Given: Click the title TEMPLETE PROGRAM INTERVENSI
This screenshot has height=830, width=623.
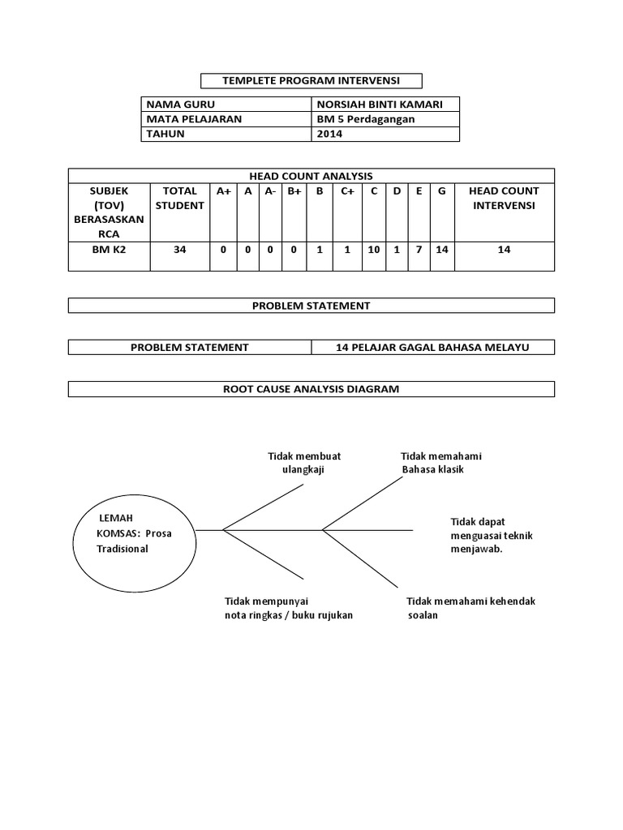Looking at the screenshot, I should pyautogui.click(x=311, y=80).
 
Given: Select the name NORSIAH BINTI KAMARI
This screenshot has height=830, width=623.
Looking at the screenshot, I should pyautogui.click(x=375, y=105).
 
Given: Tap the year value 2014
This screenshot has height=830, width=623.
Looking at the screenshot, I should pyautogui.click(x=330, y=135).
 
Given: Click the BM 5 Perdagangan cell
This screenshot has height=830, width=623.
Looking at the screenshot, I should pyautogui.click(x=366, y=119).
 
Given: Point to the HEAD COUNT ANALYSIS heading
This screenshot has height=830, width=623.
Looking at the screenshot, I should pyautogui.click(x=311, y=176).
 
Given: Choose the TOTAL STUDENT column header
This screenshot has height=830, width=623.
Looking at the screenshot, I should pyautogui.click(x=180, y=199).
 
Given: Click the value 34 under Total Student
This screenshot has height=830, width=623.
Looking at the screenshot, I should pyautogui.click(x=180, y=250).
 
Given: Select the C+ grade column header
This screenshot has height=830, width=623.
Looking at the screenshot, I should pyautogui.click(x=347, y=191).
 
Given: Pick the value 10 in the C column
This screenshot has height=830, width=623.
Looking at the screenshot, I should pyautogui.click(x=374, y=250).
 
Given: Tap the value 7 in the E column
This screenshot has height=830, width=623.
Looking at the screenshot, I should pyautogui.click(x=419, y=250).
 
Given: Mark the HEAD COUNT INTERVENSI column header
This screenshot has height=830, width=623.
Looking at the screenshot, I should pyautogui.click(x=504, y=199).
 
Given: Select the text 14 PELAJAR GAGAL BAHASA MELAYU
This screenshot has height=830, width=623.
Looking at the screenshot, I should pyautogui.click(x=432, y=348).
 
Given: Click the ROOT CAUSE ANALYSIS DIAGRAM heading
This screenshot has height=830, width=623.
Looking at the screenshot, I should pyautogui.click(x=311, y=390).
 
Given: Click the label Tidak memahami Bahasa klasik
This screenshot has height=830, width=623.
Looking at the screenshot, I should pyautogui.click(x=441, y=463).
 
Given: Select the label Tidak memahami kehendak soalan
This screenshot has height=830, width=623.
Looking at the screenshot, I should pyautogui.click(x=470, y=608).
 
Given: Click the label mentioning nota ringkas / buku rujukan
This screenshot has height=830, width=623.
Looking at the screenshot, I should pyautogui.click(x=288, y=608).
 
